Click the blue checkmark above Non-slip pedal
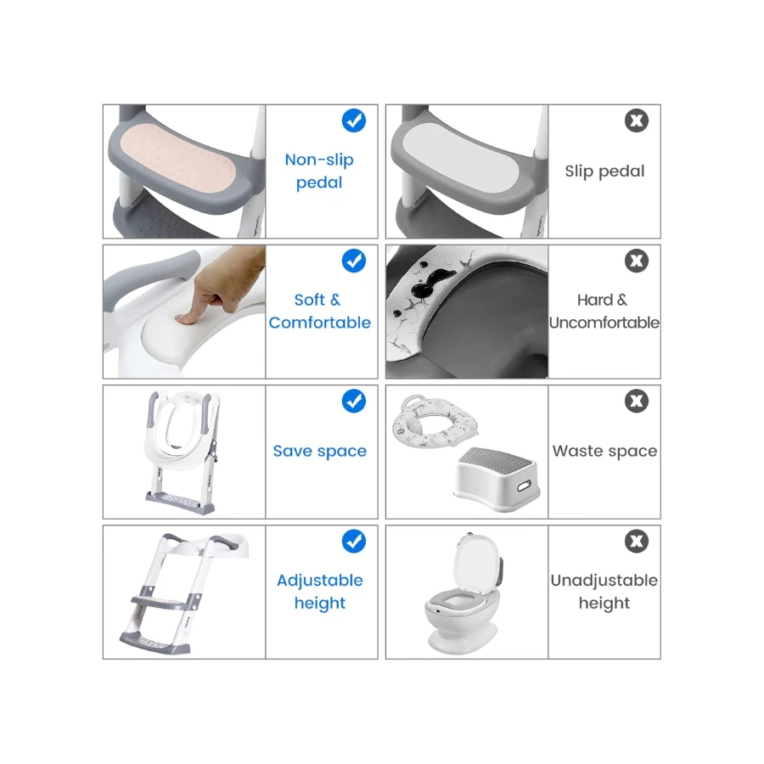pos(354,121)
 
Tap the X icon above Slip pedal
pos(637,121)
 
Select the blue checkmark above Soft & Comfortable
pos(354,261)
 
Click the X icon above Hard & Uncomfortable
pos(637,261)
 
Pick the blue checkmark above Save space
pos(354,401)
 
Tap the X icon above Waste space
pos(637,401)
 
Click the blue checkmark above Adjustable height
pos(354,541)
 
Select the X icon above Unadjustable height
pos(637,541)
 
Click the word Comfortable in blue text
pos(320,323)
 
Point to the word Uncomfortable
pos(604,323)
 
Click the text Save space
pos(320,452)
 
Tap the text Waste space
pos(604,452)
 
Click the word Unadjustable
pos(604,581)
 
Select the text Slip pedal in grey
pos(604,171)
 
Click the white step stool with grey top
pos(497,479)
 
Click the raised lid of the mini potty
pos(477,564)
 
